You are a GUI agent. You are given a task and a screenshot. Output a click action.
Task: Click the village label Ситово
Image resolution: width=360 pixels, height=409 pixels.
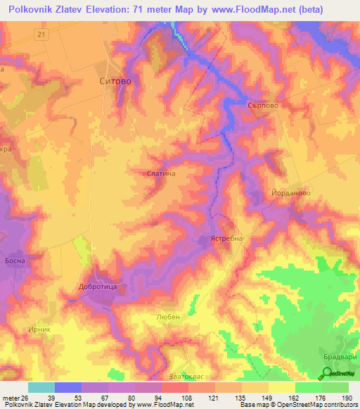point(112,81)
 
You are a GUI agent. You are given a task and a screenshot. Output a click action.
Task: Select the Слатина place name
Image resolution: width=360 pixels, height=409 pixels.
point(160,172)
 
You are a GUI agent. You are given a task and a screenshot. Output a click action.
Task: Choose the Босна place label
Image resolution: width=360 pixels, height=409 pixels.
point(14,261)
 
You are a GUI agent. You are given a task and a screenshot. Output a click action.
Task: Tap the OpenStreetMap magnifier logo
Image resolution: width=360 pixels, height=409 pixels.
point(324,375)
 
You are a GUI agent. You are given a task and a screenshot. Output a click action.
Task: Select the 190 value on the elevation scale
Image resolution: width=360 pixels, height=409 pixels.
point(345,397)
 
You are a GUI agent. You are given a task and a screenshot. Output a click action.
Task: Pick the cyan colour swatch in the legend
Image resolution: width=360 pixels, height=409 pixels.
point(41,387)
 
